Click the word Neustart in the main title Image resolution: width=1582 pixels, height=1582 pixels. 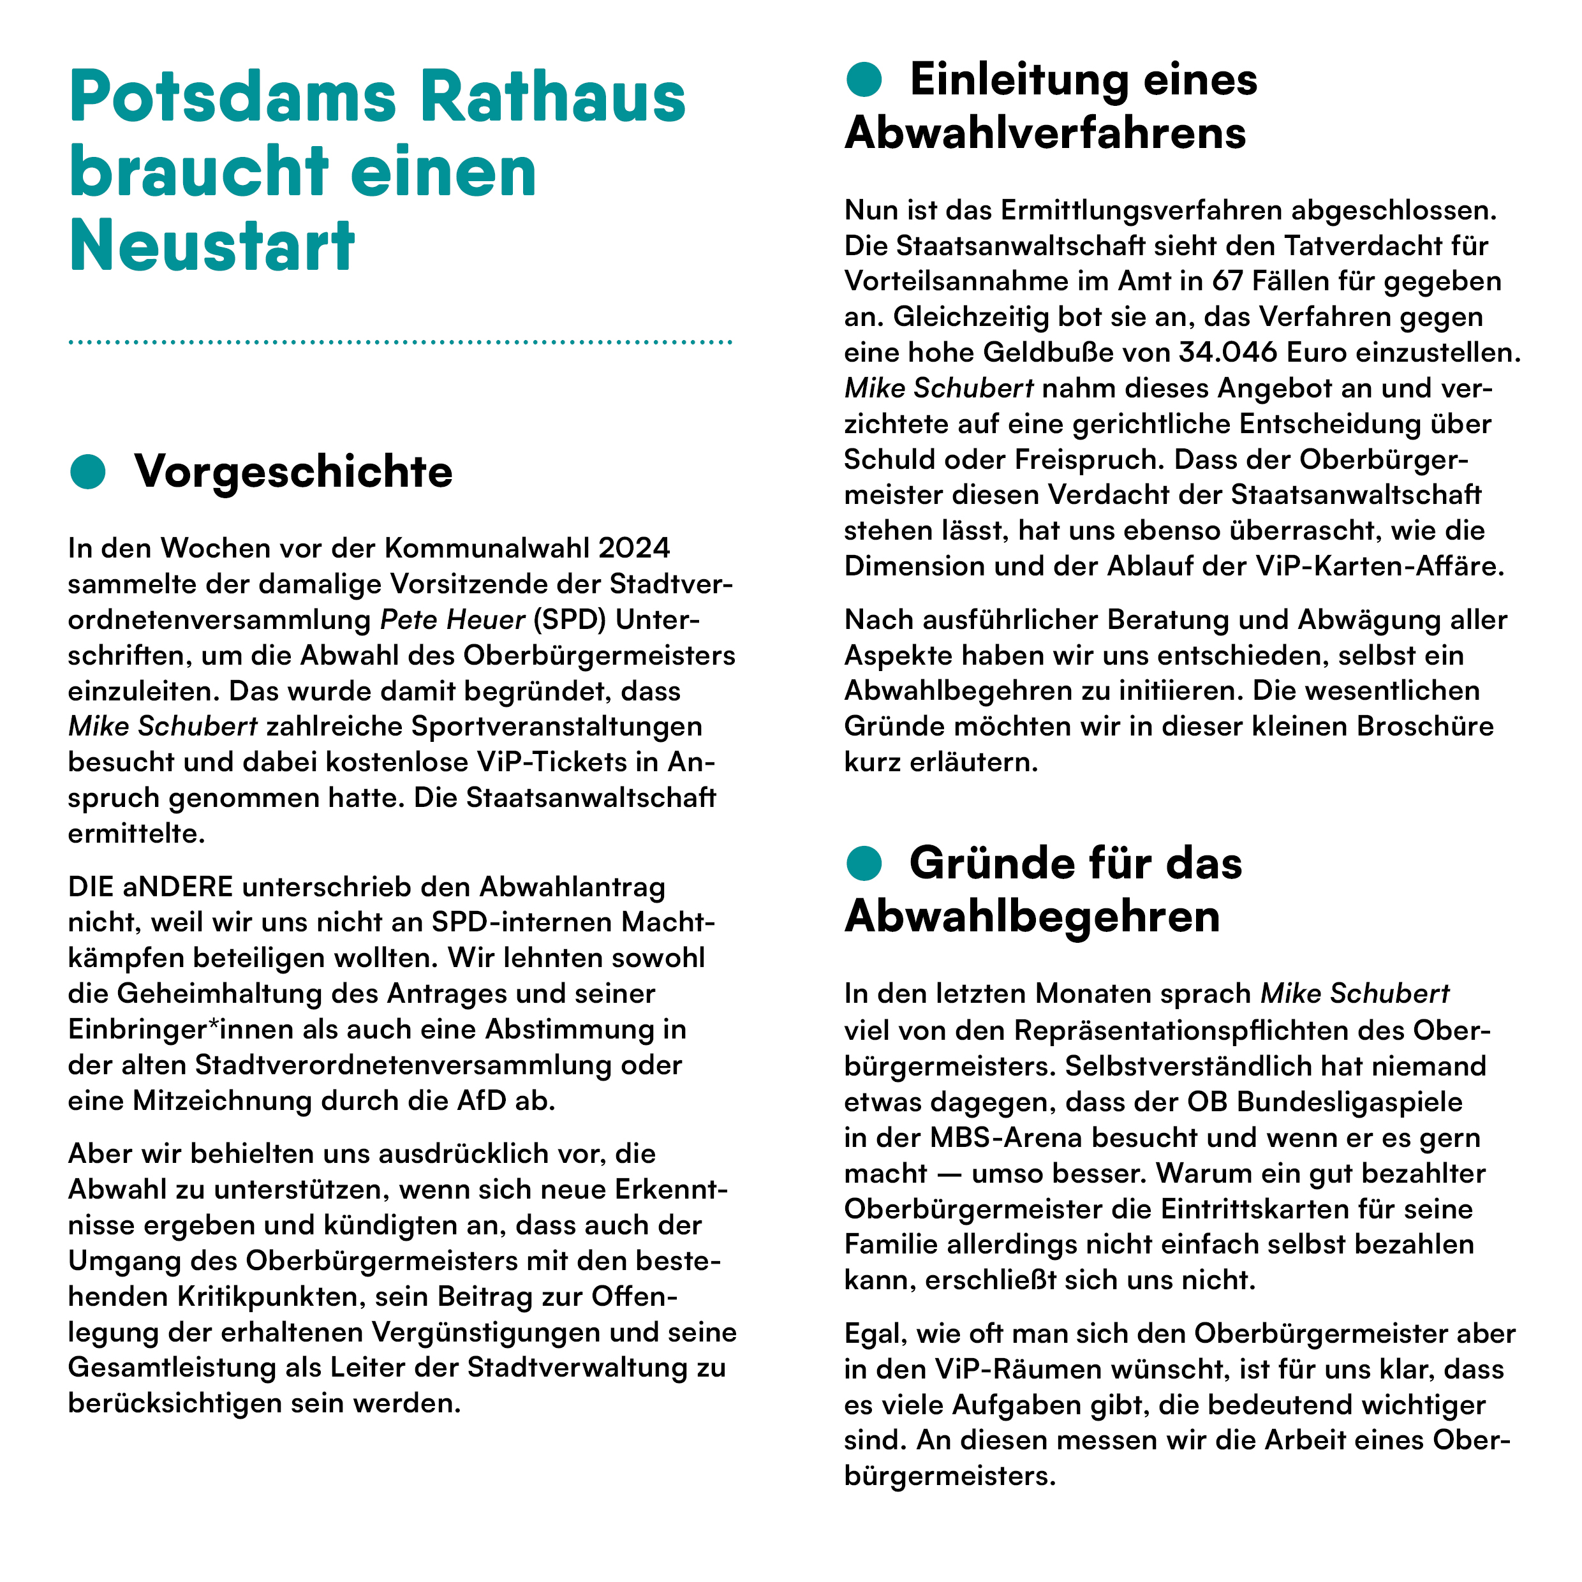(x=211, y=246)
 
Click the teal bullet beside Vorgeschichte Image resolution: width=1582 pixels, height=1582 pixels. (x=87, y=471)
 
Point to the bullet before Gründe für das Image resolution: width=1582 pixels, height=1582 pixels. (x=863, y=863)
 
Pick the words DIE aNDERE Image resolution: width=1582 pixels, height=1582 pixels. (x=151, y=886)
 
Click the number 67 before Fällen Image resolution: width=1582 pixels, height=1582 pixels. (x=1227, y=281)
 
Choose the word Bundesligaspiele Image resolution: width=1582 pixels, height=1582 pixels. (x=1349, y=1102)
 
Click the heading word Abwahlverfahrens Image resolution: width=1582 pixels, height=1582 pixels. (x=1045, y=133)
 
